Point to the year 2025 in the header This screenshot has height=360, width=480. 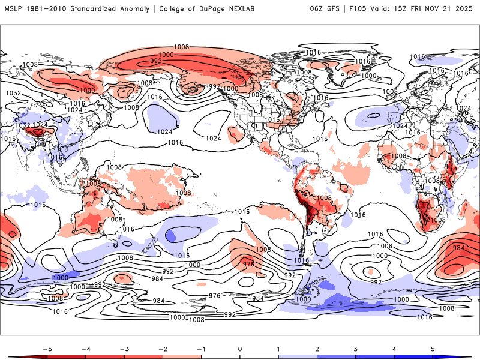(465, 9)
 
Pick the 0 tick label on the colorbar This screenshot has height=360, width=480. (240, 348)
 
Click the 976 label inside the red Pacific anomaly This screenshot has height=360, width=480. (249, 264)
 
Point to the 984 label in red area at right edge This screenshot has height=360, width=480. (459, 248)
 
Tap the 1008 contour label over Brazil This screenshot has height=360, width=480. (324, 198)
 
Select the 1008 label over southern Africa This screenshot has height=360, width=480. (438, 220)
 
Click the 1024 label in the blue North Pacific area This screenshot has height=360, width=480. (165, 131)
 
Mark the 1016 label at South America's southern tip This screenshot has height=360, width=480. (301, 260)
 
